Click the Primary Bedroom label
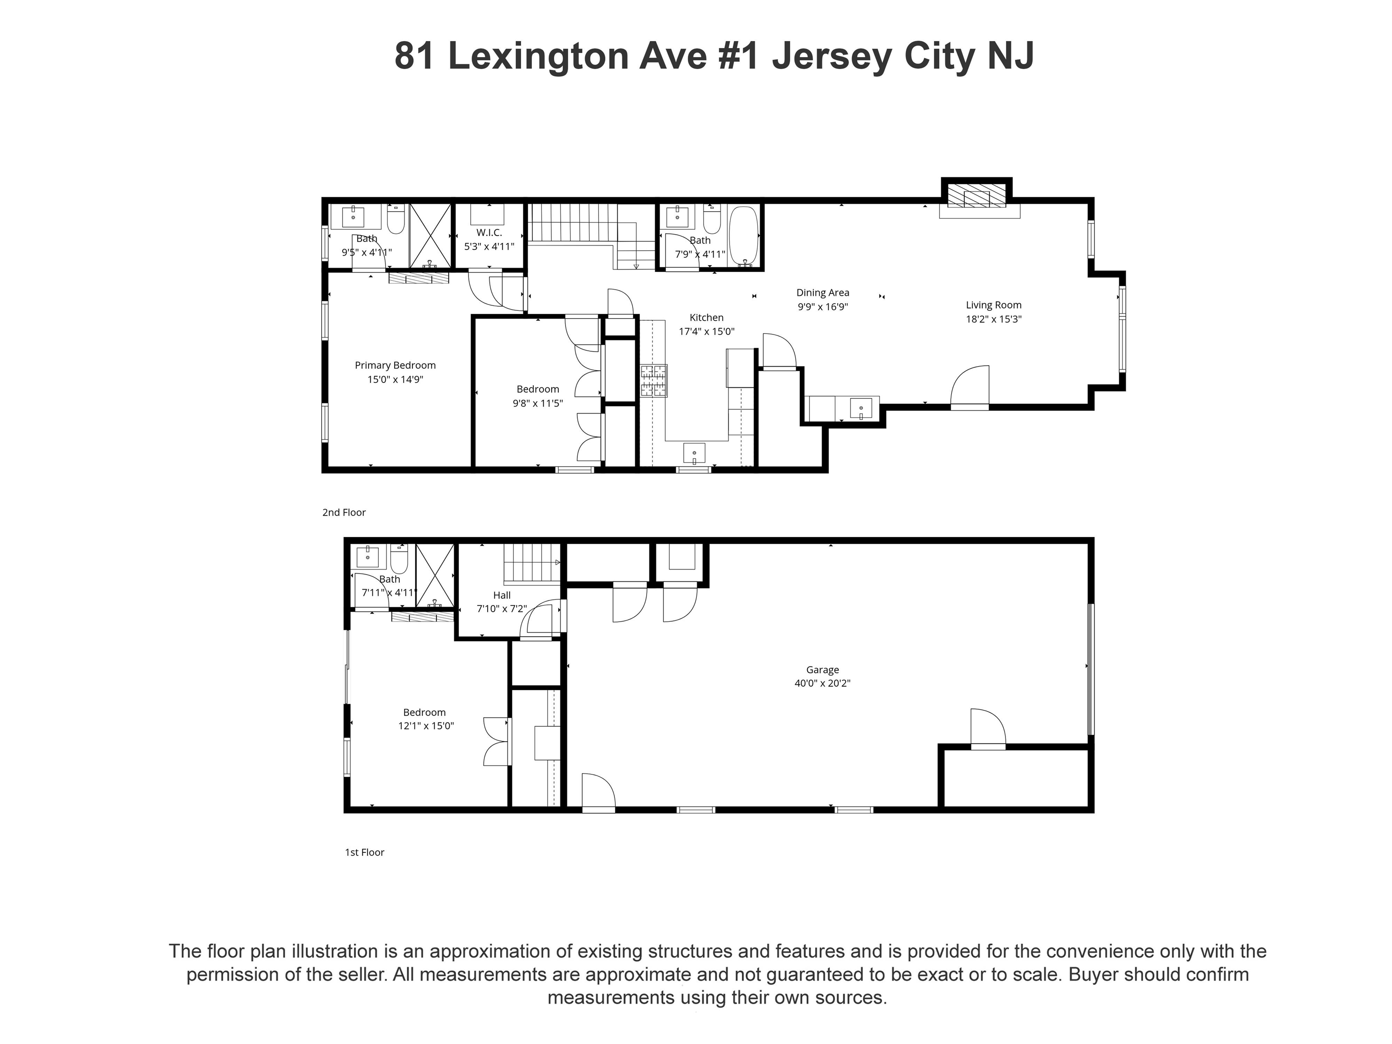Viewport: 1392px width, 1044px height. coord(395,365)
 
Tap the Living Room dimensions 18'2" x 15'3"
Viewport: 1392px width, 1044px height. coord(994,319)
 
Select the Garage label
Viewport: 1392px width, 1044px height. coord(822,670)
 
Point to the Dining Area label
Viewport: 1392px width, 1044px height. coord(822,293)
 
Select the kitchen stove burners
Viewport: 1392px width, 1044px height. coord(654,381)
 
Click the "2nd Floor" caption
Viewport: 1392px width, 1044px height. coord(344,512)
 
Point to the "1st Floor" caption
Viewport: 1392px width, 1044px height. coord(364,852)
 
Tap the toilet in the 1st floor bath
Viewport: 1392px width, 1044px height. coord(399,556)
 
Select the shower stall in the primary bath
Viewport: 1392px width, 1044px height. coord(430,235)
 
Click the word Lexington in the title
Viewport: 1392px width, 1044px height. coord(538,56)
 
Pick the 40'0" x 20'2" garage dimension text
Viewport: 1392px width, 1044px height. coord(822,683)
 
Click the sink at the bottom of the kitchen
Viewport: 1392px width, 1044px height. coord(694,453)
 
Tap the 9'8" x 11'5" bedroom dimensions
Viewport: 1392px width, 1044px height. coord(537,403)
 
